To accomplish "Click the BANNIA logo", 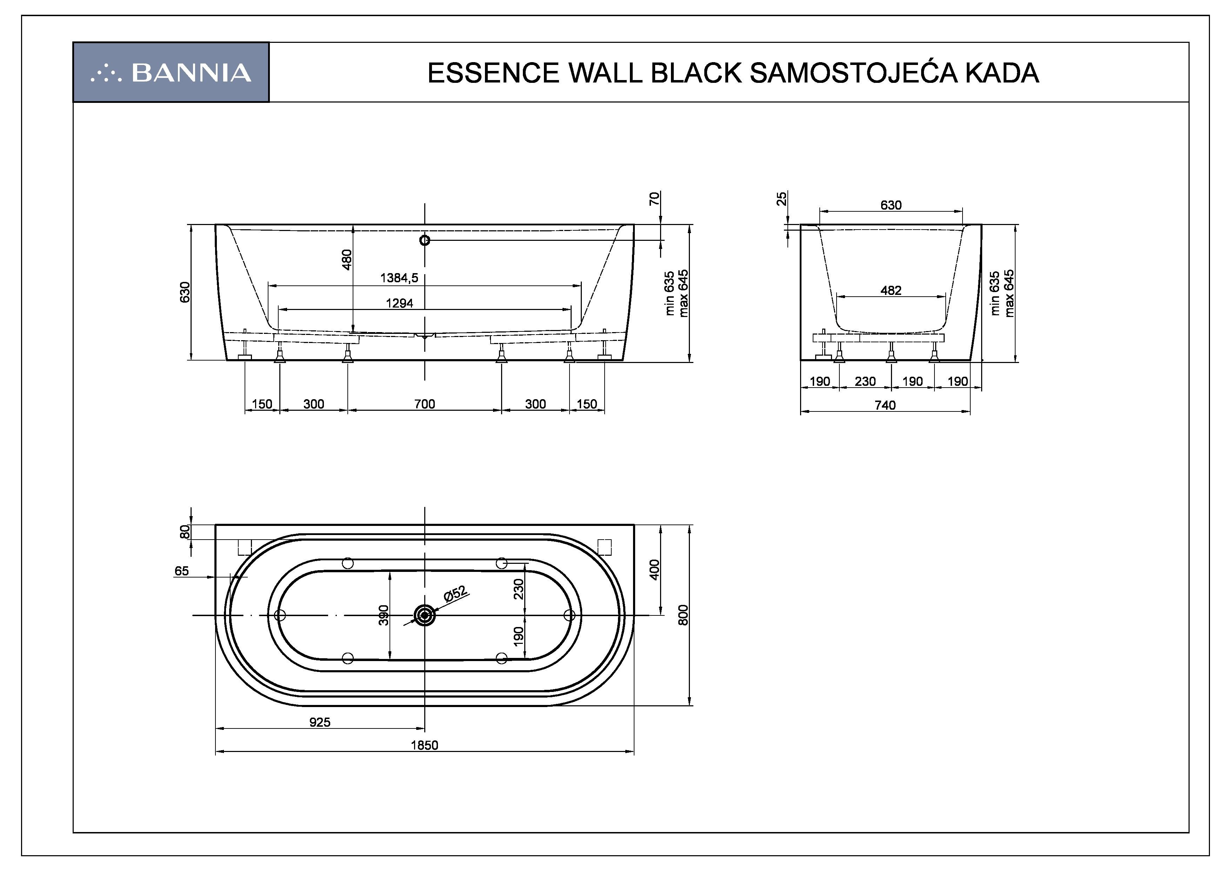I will click(171, 72).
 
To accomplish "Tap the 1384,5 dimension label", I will click(399, 278).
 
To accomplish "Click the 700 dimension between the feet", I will click(425, 404).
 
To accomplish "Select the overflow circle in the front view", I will click(425, 240).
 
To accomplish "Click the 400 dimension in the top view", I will click(654, 569).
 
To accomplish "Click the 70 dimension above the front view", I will click(653, 199).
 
